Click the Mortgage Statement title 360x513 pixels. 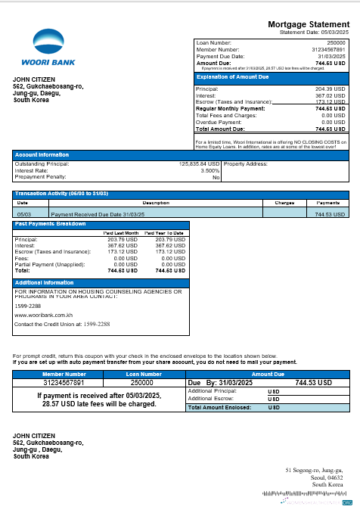pos(309,25)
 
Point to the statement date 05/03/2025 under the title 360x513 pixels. pos(333,33)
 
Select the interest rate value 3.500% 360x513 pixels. pos(209,170)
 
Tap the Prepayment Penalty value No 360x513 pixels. pos(216,177)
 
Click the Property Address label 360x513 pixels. pos(247,163)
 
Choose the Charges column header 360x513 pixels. pos(284,203)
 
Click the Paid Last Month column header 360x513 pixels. pos(122,233)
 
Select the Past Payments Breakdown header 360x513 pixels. pos(50,224)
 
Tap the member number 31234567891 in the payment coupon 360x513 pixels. pos(64,383)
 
